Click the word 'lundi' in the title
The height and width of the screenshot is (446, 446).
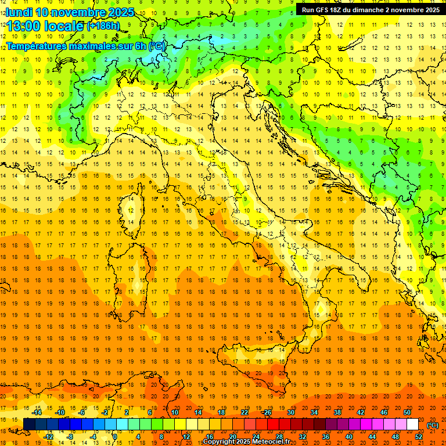[17, 12]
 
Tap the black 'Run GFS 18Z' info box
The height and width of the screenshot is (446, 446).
[371, 10]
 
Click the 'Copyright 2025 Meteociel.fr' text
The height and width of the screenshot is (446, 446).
[246, 442]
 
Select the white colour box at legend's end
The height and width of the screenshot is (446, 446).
[412, 425]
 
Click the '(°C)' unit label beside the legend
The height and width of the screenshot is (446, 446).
[433, 425]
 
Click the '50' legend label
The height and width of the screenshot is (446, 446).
[407, 412]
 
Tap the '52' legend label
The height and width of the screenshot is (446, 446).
[418, 437]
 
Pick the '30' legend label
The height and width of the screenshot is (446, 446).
[290, 412]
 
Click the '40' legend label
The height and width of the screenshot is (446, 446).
[348, 437]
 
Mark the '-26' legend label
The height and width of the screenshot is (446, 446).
[267, 412]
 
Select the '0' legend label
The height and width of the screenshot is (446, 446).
[114, 437]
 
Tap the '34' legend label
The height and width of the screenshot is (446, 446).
[314, 412]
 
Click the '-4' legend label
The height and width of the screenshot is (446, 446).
[93, 437]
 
